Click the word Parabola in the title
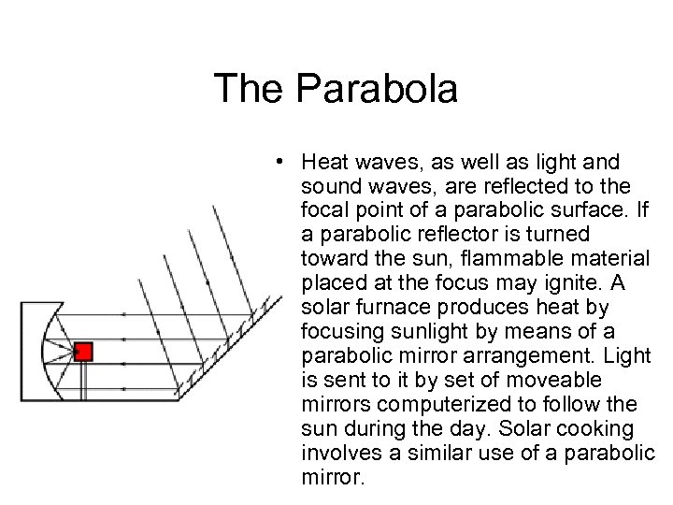tap(379, 90)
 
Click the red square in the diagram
tap(83, 352)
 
